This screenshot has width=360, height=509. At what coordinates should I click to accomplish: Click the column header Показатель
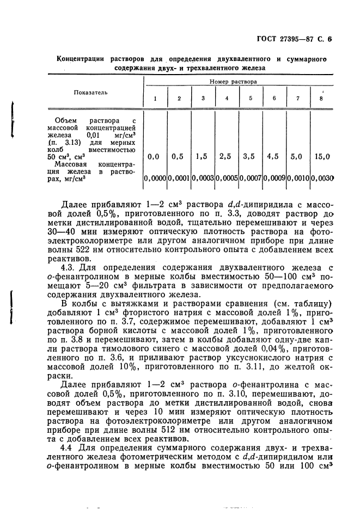(91, 92)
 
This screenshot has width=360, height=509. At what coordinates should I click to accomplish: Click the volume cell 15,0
(322, 156)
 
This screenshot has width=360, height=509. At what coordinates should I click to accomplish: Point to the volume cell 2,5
(225, 156)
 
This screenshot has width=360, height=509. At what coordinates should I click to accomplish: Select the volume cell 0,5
(178, 156)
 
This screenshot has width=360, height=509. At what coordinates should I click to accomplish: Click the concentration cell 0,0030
(322, 178)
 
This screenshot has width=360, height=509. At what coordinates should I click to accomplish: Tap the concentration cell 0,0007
(249, 178)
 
